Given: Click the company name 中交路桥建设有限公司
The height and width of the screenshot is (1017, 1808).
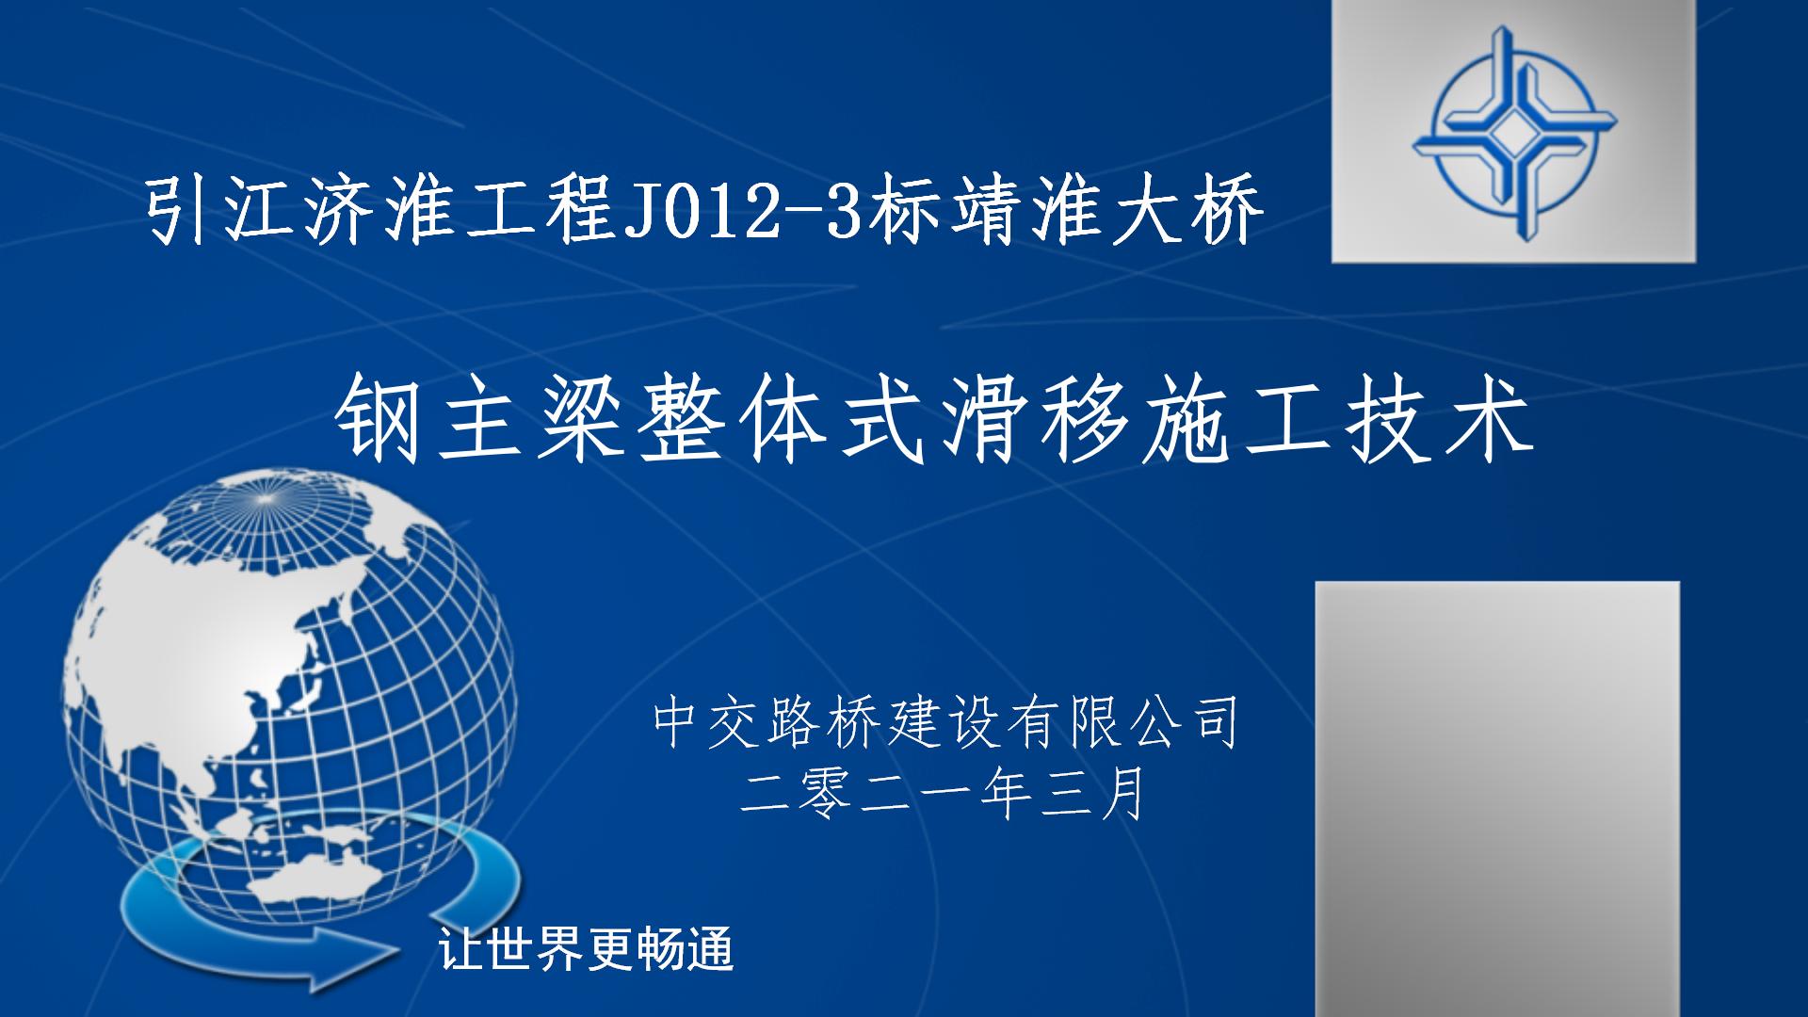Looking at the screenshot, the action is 944,723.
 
